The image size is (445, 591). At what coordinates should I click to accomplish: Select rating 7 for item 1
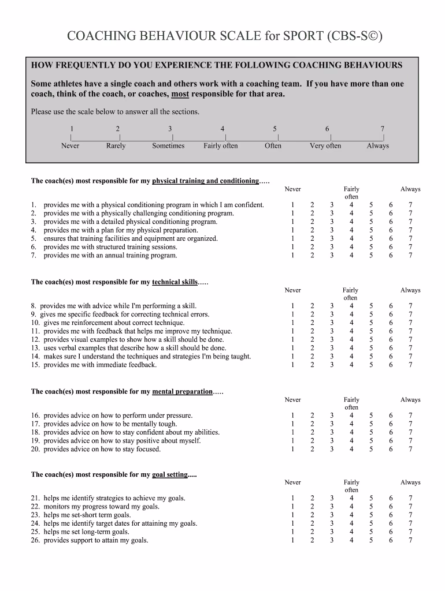410,205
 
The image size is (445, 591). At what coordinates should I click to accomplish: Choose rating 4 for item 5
351,238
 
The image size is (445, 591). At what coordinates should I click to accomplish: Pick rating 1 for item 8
293,306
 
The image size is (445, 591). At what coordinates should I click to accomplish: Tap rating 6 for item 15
391,365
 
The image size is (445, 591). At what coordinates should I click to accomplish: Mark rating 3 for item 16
332,416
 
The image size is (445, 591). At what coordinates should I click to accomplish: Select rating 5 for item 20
372,449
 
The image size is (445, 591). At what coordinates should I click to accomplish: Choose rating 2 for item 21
312,498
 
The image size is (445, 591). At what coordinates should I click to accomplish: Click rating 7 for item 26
410,540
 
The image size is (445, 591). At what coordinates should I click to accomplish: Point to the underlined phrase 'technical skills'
175,282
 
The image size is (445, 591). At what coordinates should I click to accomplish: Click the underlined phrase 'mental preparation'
182,391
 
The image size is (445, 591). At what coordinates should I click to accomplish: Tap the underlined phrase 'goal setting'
170,474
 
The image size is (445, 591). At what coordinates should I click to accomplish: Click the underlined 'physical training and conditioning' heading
205,181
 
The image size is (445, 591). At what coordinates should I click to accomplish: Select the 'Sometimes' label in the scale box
168,146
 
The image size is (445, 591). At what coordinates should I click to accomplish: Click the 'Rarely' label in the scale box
116,146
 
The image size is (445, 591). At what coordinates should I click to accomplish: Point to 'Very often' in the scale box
325,146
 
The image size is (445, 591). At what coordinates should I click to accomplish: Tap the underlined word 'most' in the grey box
180,94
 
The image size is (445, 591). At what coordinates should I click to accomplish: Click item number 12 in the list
35,340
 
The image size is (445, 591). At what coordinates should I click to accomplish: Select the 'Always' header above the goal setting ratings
410,482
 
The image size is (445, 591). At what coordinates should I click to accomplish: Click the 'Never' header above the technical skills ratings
293,290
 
